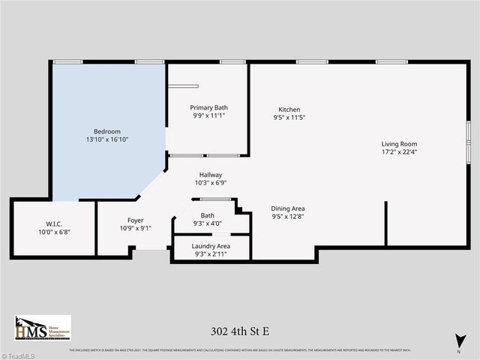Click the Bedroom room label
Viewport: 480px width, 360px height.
point(106,131)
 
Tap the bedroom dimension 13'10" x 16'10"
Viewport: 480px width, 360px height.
point(106,139)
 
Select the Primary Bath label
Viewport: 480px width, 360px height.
point(208,107)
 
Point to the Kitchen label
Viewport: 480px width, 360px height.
point(289,109)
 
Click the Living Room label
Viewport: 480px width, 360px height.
point(399,144)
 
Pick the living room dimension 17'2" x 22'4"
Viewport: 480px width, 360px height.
point(399,152)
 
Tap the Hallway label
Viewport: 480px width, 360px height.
point(210,174)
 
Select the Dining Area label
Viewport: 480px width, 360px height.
point(288,208)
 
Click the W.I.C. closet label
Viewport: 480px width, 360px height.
point(53,223)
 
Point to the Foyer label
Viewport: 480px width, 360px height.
point(136,220)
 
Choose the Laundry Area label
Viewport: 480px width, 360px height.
point(211,246)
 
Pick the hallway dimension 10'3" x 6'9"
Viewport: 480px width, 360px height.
point(210,182)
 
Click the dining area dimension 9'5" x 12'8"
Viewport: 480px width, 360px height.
point(288,217)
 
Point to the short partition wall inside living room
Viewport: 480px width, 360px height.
point(386,223)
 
